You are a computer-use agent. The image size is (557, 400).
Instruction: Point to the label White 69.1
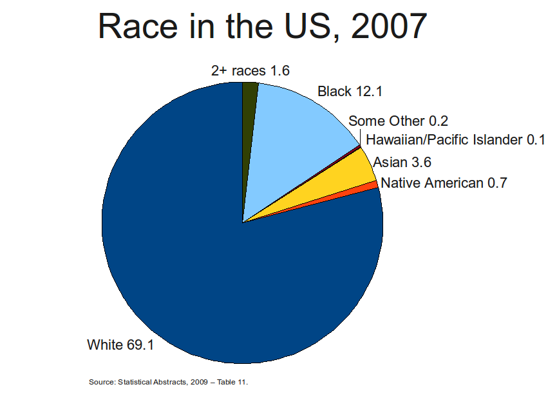pos(120,345)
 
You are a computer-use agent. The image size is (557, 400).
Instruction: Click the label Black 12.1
pos(350,92)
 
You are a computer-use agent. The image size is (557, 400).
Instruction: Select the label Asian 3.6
pos(402,163)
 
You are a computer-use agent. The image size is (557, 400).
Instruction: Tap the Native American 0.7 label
pos(444,183)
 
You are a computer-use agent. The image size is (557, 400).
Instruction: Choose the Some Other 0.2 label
pos(398,121)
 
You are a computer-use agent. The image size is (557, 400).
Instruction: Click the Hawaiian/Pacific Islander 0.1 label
pos(455,140)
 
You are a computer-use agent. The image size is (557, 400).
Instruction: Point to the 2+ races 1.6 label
pos(250,71)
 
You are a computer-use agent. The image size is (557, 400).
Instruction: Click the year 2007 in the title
pos(389,26)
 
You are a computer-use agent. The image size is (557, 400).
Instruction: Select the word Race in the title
pos(137,26)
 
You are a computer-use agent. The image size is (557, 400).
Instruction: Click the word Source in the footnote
pos(102,382)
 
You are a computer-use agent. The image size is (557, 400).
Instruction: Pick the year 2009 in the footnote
pos(199,382)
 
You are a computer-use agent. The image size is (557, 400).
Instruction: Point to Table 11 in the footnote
pos(232,382)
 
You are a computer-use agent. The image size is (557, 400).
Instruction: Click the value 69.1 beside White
pos(140,345)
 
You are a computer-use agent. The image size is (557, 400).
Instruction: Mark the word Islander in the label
pos(498,140)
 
